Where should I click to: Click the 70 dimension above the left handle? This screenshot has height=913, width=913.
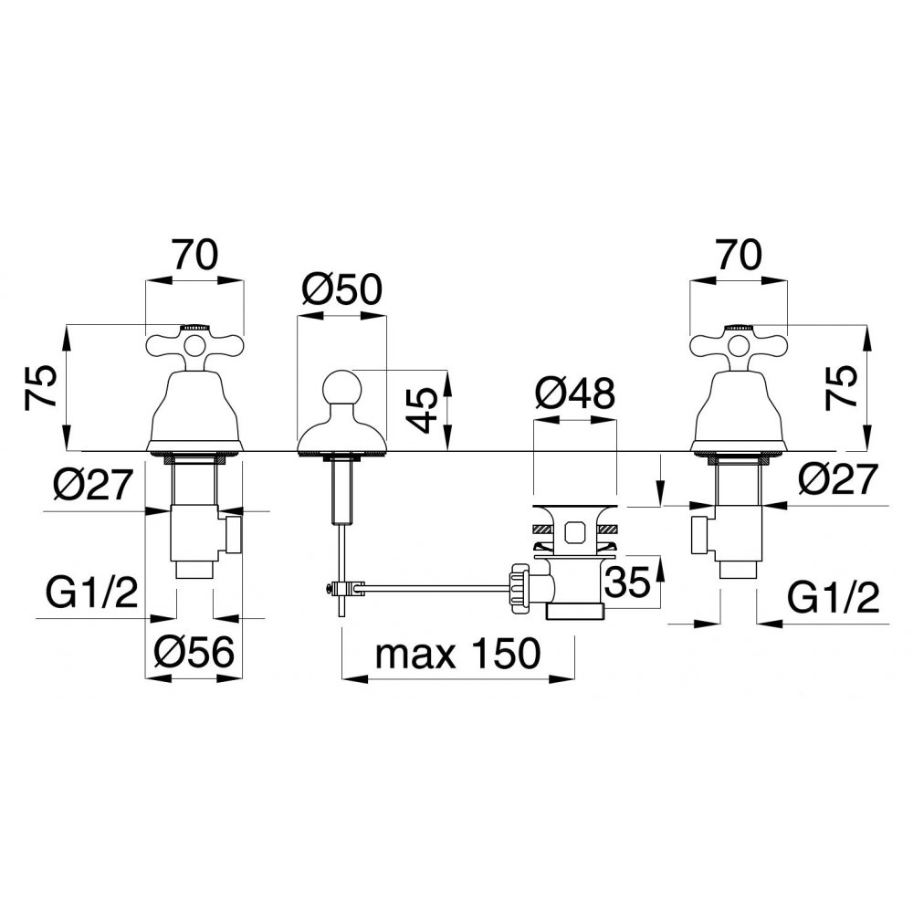pyautogui.click(x=194, y=255)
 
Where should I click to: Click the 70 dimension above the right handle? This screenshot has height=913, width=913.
pyautogui.click(x=739, y=255)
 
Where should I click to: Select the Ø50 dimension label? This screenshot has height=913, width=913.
pyautogui.click(x=341, y=289)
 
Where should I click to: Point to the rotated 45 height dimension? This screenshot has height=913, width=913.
pyautogui.click(x=420, y=410)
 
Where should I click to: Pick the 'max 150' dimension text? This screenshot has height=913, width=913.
pyautogui.click(x=457, y=654)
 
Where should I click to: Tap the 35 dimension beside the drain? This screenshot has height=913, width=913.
pyautogui.click(x=628, y=582)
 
